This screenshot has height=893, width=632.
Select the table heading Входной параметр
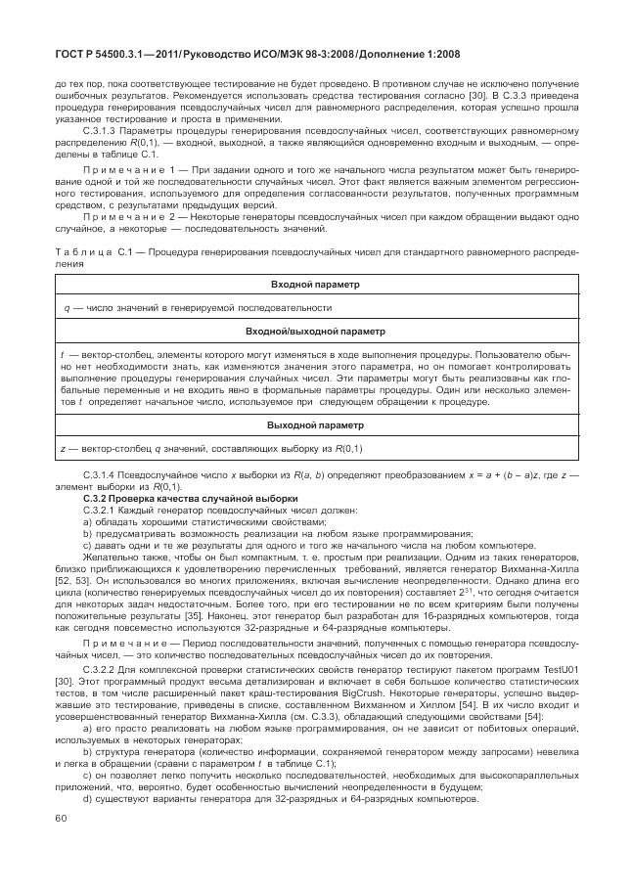coord(315,285)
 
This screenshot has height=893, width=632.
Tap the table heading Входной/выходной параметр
coord(315,332)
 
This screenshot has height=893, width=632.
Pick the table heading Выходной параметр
coord(315,425)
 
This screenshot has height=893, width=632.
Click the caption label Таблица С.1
coord(86,251)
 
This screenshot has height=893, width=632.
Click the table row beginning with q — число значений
coord(196,308)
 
